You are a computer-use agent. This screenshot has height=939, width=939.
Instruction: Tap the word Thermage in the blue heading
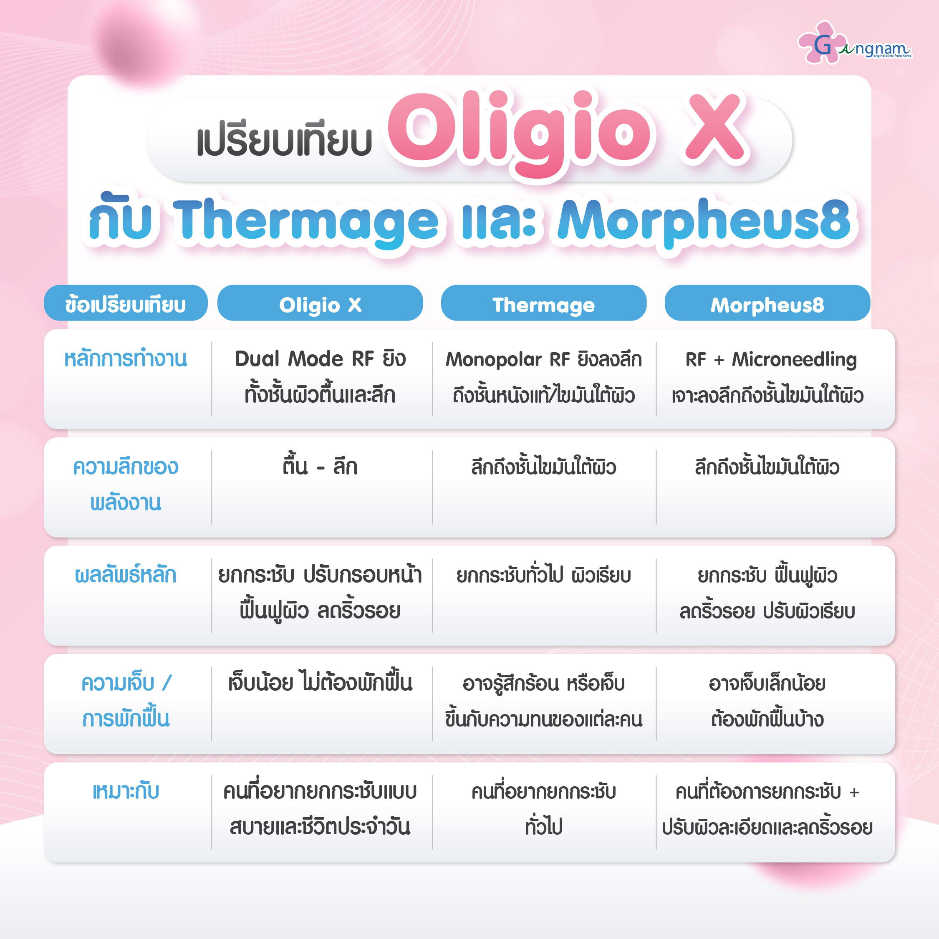pyautogui.click(x=306, y=221)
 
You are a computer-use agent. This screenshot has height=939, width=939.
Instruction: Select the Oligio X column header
pyautogui.click(x=320, y=303)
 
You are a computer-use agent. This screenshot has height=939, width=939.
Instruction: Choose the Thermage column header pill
pyautogui.click(x=543, y=303)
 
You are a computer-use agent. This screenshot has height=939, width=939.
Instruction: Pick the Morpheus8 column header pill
pyautogui.click(x=767, y=303)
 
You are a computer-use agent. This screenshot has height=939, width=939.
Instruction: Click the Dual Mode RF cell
pyautogui.click(x=320, y=377)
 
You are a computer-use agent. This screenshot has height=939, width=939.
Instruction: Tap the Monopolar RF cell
pyautogui.click(x=543, y=377)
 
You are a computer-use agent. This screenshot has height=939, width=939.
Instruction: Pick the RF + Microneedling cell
pyautogui.click(x=767, y=377)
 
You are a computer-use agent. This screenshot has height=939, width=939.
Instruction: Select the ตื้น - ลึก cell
pyautogui.click(x=320, y=467)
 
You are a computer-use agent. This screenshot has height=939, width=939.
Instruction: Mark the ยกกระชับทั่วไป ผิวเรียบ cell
pyautogui.click(x=543, y=575)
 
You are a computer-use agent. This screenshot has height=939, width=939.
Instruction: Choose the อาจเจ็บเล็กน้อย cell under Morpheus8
pyautogui.click(x=767, y=701)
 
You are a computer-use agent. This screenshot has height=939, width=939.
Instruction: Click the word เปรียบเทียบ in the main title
pyautogui.click(x=284, y=141)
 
